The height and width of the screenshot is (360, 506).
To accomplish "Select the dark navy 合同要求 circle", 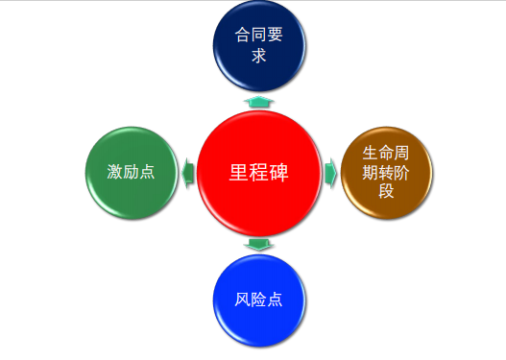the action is point(258,48).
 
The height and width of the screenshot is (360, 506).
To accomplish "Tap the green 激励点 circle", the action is point(132,173).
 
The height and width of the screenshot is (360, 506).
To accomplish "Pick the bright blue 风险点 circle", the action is point(258,298).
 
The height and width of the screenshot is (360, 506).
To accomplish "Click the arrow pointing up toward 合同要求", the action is point(258,101).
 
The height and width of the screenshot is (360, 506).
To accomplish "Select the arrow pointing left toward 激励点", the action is point(188,173).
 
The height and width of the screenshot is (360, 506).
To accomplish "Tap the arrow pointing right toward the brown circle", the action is point(330,173).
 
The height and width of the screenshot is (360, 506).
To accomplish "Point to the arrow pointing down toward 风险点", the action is point(258,245).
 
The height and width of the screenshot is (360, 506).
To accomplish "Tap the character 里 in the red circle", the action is point(238,173).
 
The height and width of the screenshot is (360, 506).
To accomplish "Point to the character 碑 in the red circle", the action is point(278,173).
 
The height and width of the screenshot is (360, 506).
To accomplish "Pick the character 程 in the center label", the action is point(258,173).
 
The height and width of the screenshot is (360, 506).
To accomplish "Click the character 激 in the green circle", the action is point(115,173).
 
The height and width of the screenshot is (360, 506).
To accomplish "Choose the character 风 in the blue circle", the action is point(243,298).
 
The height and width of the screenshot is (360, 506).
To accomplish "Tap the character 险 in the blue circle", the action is point(258,298).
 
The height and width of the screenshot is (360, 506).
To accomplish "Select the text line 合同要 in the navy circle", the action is point(258,38).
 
